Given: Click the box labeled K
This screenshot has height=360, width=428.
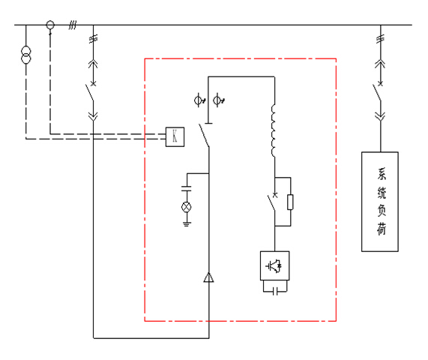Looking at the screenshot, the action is [x=175, y=136].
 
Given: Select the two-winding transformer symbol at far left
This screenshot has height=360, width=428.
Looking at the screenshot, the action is [x=26, y=55].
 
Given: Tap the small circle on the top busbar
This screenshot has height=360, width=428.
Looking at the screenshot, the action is [x=50, y=25].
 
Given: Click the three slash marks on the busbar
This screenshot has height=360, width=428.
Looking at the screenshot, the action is [x=73, y=25].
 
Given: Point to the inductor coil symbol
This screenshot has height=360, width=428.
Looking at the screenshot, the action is [x=274, y=130].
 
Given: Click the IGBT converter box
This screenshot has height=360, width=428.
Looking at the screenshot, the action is [x=274, y=265].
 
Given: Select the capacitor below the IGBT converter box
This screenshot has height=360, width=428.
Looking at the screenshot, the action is [x=275, y=292].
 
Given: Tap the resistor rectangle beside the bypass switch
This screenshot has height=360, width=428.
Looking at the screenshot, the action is [x=290, y=202].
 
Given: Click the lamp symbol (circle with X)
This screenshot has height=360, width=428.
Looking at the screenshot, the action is [x=187, y=207].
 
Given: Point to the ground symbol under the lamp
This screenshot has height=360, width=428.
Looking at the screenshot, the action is [x=187, y=224].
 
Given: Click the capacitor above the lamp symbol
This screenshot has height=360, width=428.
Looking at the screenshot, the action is [x=187, y=188].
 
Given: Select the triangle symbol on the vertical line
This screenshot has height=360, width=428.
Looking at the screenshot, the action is [x=209, y=277].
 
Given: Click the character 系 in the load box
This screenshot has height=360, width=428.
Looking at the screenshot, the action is [x=382, y=174].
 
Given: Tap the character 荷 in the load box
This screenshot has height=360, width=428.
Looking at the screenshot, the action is [x=382, y=229].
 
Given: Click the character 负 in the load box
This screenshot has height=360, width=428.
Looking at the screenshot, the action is [x=382, y=211].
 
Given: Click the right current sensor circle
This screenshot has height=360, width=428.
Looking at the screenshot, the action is [x=217, y=100].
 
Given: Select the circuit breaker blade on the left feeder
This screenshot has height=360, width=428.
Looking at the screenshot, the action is [x=89, y=93].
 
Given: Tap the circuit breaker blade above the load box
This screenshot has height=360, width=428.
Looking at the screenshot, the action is [x=377, y=93].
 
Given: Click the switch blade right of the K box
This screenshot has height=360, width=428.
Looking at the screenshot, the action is [x=204, y=136].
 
